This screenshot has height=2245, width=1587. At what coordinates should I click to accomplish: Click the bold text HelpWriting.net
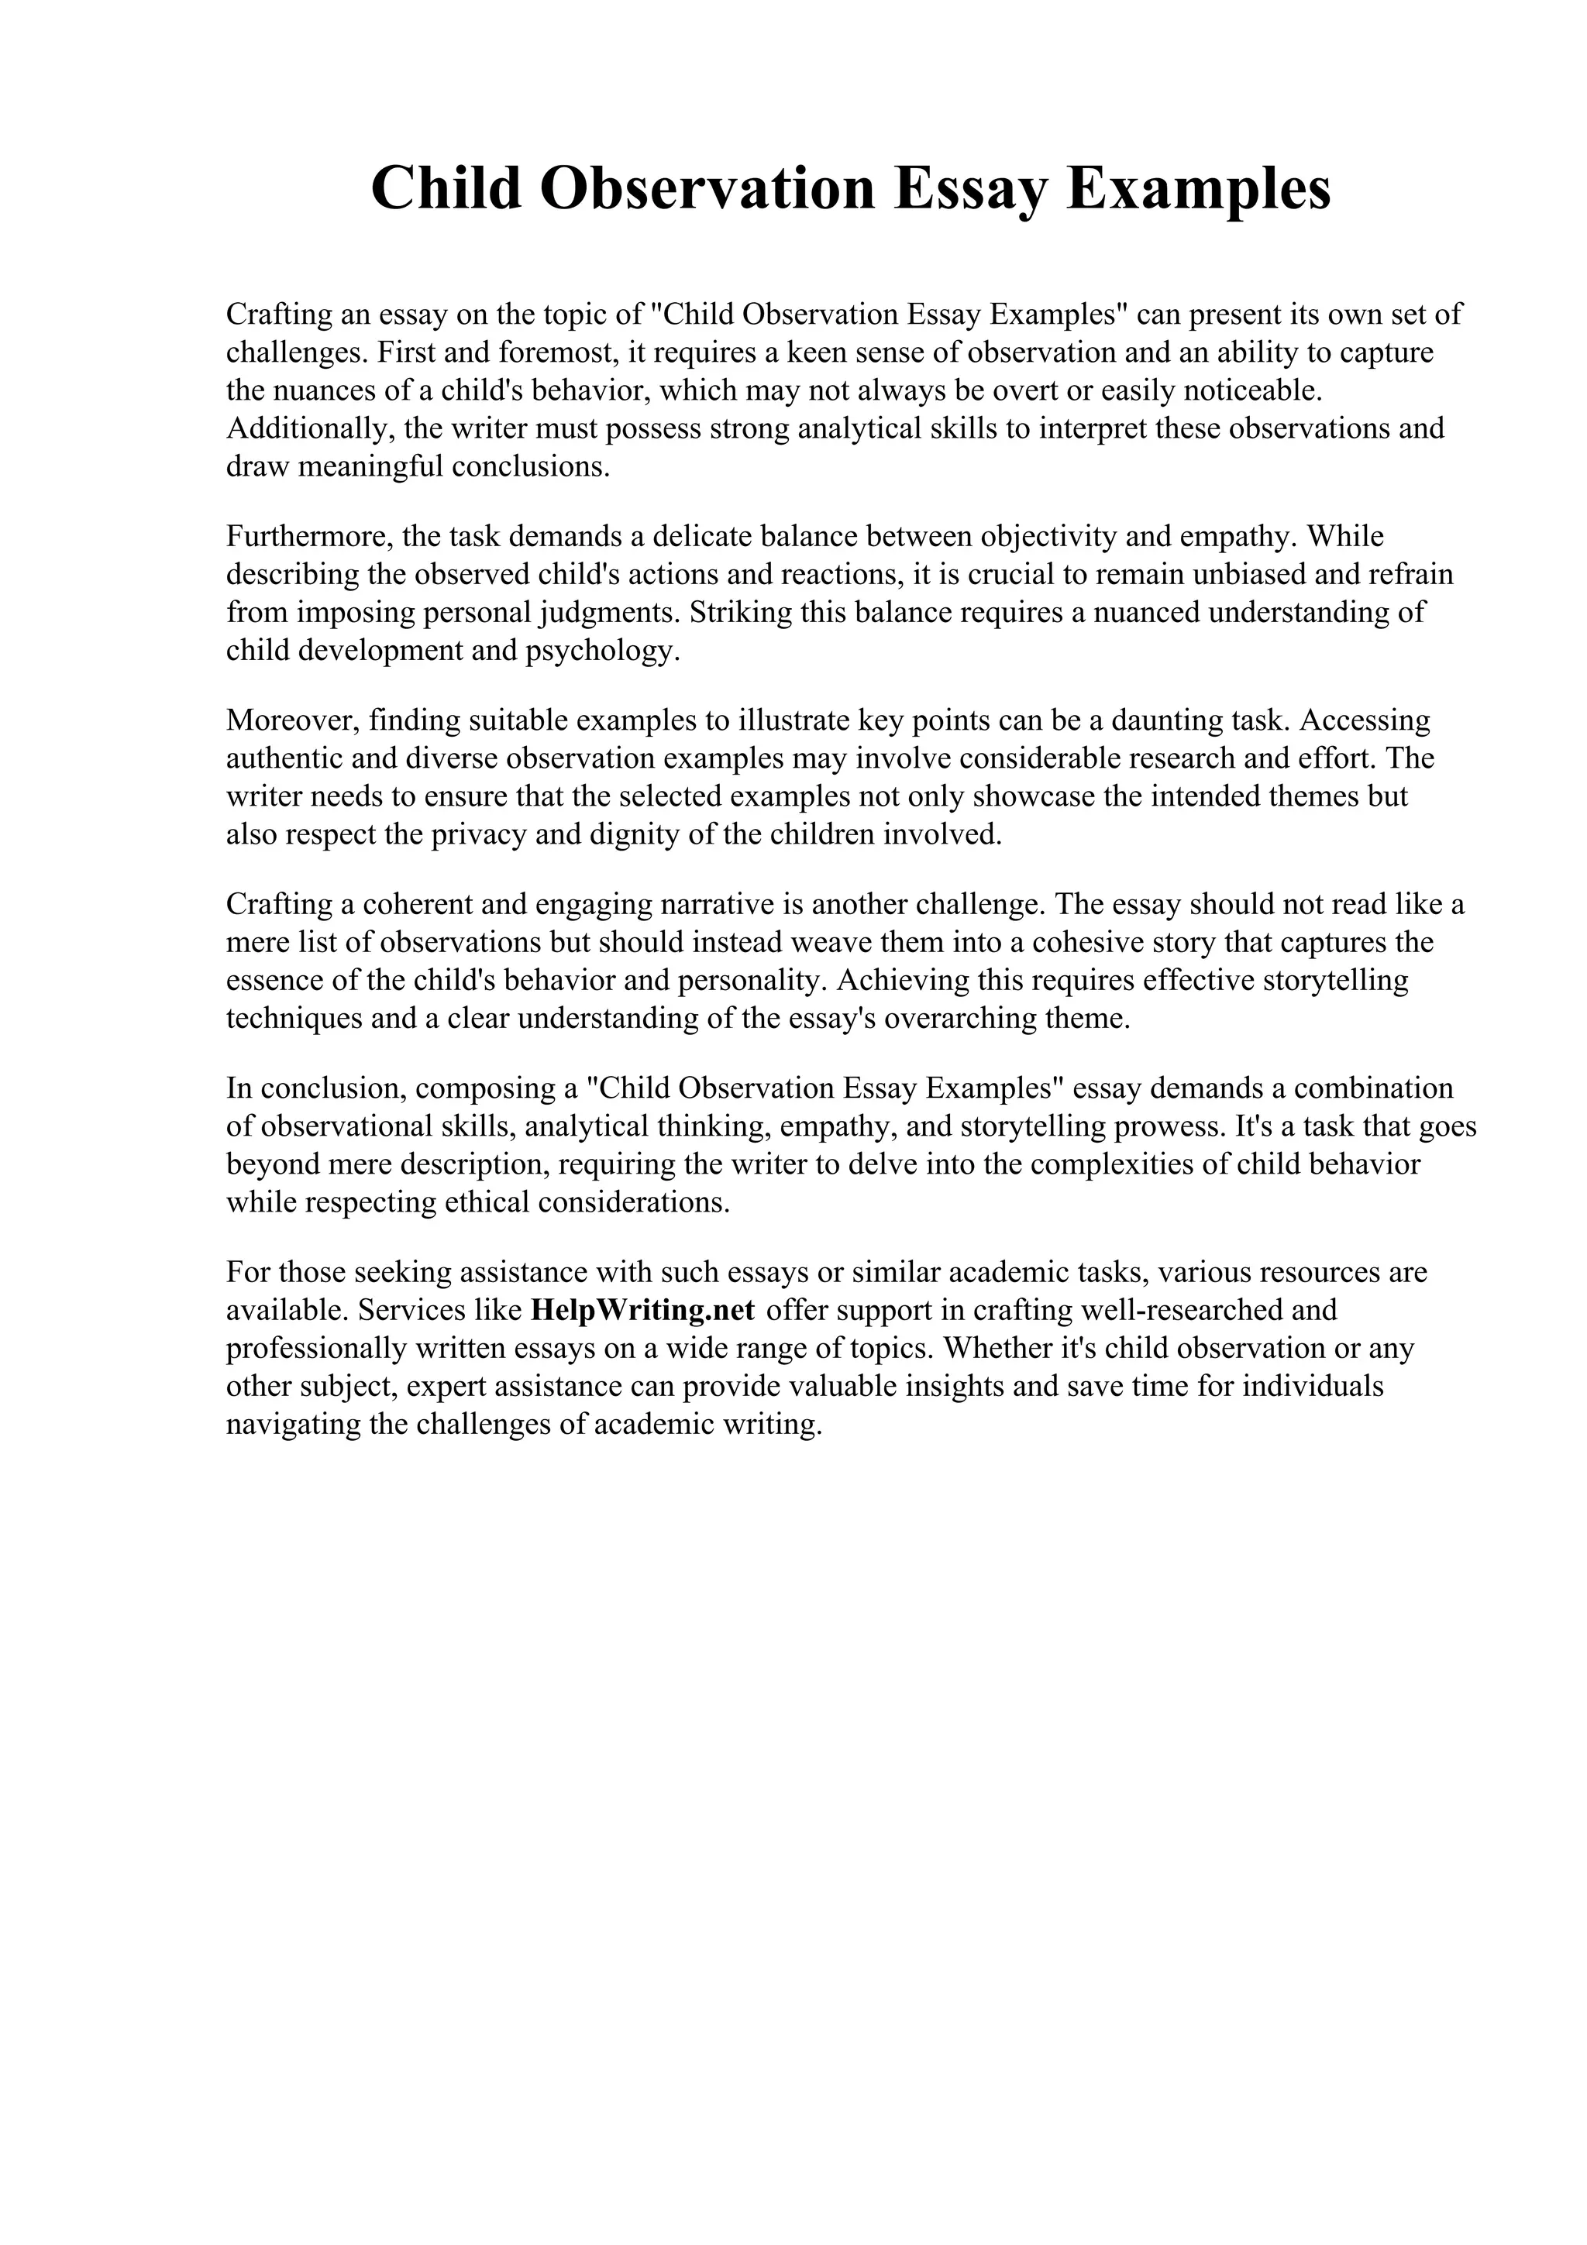click(x=642, y=1309)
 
